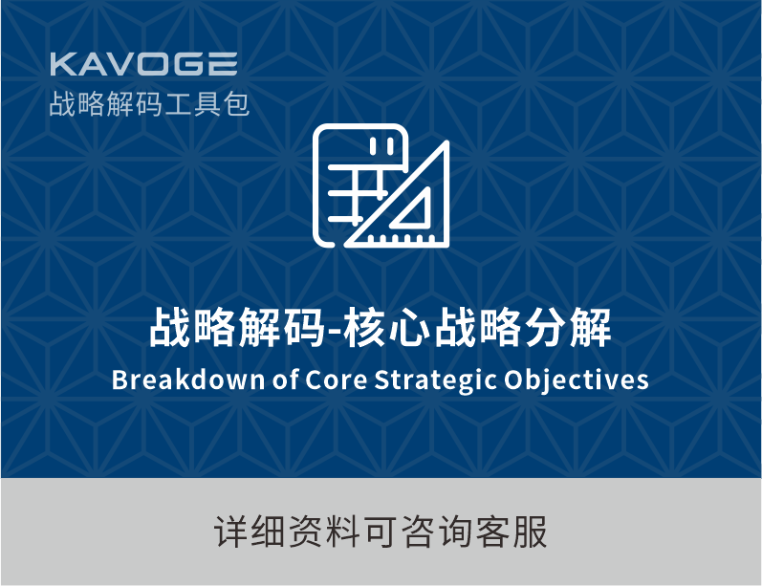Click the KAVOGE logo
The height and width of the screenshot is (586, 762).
coord(143,64)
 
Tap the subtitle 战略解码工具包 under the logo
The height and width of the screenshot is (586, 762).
coord(150,103)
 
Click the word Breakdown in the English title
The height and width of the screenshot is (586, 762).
coord(188,379)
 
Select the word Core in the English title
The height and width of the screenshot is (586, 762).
coord(336,380)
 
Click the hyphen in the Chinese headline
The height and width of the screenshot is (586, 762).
coord(334,332)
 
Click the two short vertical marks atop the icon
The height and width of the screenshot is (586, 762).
coord(381,146)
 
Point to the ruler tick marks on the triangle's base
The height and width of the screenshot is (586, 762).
coord(399,238)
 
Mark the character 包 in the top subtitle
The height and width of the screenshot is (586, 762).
coord(237,104)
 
